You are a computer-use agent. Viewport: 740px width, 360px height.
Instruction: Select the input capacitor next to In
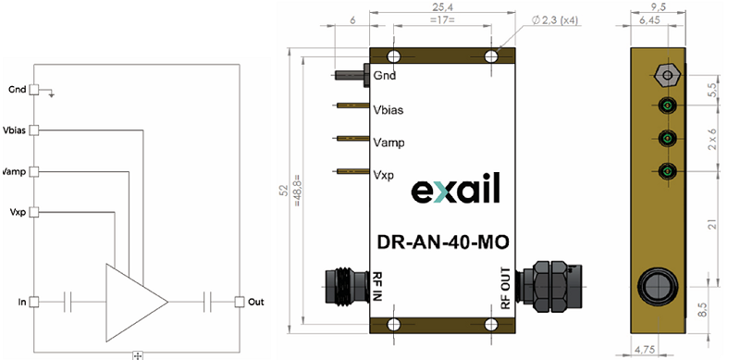(x=68, y=302)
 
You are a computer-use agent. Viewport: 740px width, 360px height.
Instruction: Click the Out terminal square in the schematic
(x=240, y=302)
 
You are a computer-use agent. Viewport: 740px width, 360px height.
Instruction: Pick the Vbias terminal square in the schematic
(x=33, y=130)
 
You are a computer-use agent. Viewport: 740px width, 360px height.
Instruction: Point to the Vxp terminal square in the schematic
(x=33, y=212)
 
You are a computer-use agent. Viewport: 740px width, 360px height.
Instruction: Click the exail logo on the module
(x=455, y=189)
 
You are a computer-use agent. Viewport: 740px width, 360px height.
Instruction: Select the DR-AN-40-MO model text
(x=443, y=242)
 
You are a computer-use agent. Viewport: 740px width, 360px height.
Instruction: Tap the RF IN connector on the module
(x=347, y=285)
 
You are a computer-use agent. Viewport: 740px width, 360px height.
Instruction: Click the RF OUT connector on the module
(x=550, y=286)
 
